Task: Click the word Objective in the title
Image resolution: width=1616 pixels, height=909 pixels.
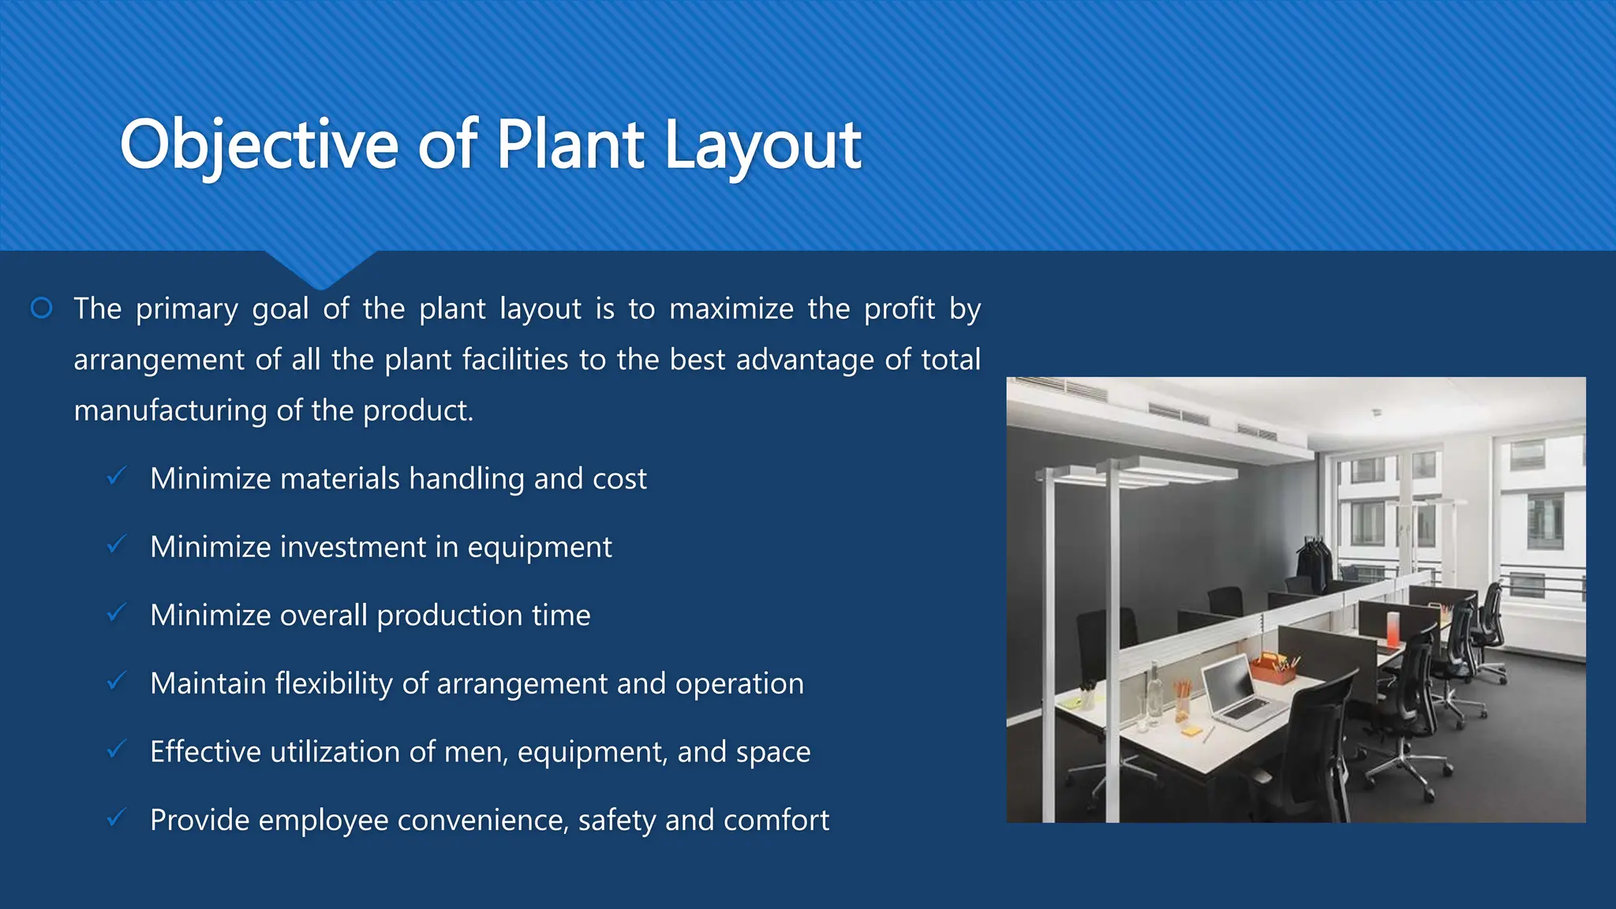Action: click(x=259, y=145)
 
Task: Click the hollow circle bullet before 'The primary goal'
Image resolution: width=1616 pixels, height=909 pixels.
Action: click(x=42, y=308)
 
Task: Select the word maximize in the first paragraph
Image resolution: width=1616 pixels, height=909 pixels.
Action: click(x=731, y=309)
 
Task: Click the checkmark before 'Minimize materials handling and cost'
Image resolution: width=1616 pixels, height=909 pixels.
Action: click(x=116, y=477)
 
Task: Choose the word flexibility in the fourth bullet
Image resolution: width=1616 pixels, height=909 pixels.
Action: click(x=333, y=683)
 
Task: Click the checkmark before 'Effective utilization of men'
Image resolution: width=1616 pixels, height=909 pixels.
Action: click(x=116, y=750)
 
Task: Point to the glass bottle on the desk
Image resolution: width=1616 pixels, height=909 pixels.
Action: click(x=1154, y=694)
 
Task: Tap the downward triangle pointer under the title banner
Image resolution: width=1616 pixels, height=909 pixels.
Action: click(x=320, y=268)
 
